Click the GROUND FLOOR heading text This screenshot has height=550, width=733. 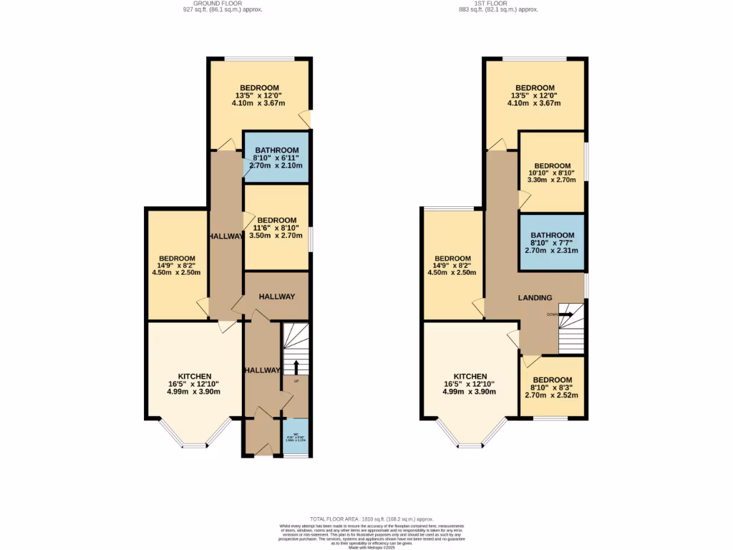pos(213,3)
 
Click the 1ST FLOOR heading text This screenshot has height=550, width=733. pos(498,3)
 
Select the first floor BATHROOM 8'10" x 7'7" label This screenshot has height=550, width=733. pos(552,242)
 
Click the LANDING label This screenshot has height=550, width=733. pos(535,298)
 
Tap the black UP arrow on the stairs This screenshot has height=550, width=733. pos(296,366)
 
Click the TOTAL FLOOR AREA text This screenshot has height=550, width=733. pos(371,519)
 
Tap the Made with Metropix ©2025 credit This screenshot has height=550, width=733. pos(371,548)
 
